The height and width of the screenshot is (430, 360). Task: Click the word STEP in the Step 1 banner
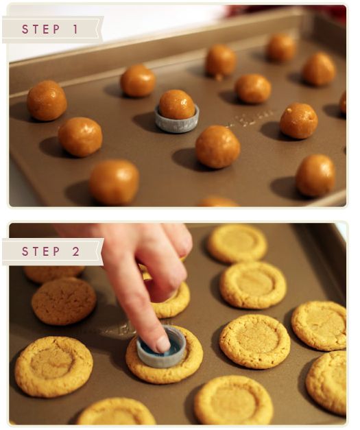[x=41, y=29]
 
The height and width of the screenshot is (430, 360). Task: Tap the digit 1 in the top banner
[x=75, y=29]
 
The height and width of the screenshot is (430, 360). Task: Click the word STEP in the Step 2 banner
[x=41, y=251]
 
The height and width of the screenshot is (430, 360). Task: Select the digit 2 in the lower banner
[x=76, y=251]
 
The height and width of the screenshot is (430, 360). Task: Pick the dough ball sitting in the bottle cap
[x=177, y=104]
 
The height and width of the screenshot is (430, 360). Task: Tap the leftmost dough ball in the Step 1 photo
[x=47, y=100]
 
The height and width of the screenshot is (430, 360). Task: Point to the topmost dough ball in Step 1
[x=280, y=48]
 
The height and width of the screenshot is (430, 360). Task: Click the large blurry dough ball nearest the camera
[x=114, y=182]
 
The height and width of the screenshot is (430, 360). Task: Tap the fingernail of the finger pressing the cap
[x=163, y=344]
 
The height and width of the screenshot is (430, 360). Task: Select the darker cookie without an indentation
[x=64, y=301]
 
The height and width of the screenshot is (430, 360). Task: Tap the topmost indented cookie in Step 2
[x=237, y=243]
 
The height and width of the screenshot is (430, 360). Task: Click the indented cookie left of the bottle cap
[x=53, y=367]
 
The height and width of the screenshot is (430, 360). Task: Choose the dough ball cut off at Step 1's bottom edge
[x=218, y=202]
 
